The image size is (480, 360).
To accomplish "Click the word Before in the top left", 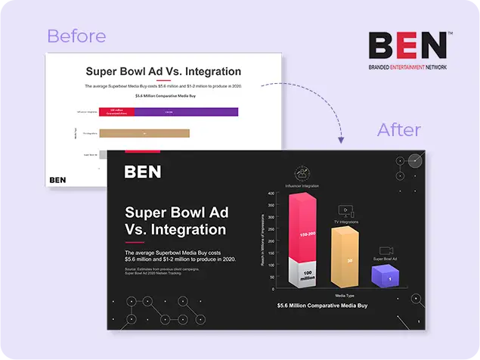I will tap(76, 36).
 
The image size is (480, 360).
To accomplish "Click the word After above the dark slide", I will tap(398, 129).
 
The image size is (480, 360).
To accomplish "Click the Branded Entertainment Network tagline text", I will tap(408, 67).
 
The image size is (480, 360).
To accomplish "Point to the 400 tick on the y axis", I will tap(270, 194).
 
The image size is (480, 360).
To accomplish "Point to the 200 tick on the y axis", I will tap(270, 241).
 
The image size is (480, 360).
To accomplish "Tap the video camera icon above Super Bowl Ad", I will tap(386, 250).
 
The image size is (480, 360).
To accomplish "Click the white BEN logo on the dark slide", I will tap(143, 172).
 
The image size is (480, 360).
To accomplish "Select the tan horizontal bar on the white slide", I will tap(144, 133).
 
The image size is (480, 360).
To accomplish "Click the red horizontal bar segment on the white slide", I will tap(117, 112).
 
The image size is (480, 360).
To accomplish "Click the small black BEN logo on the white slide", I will tap(57, 180).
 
